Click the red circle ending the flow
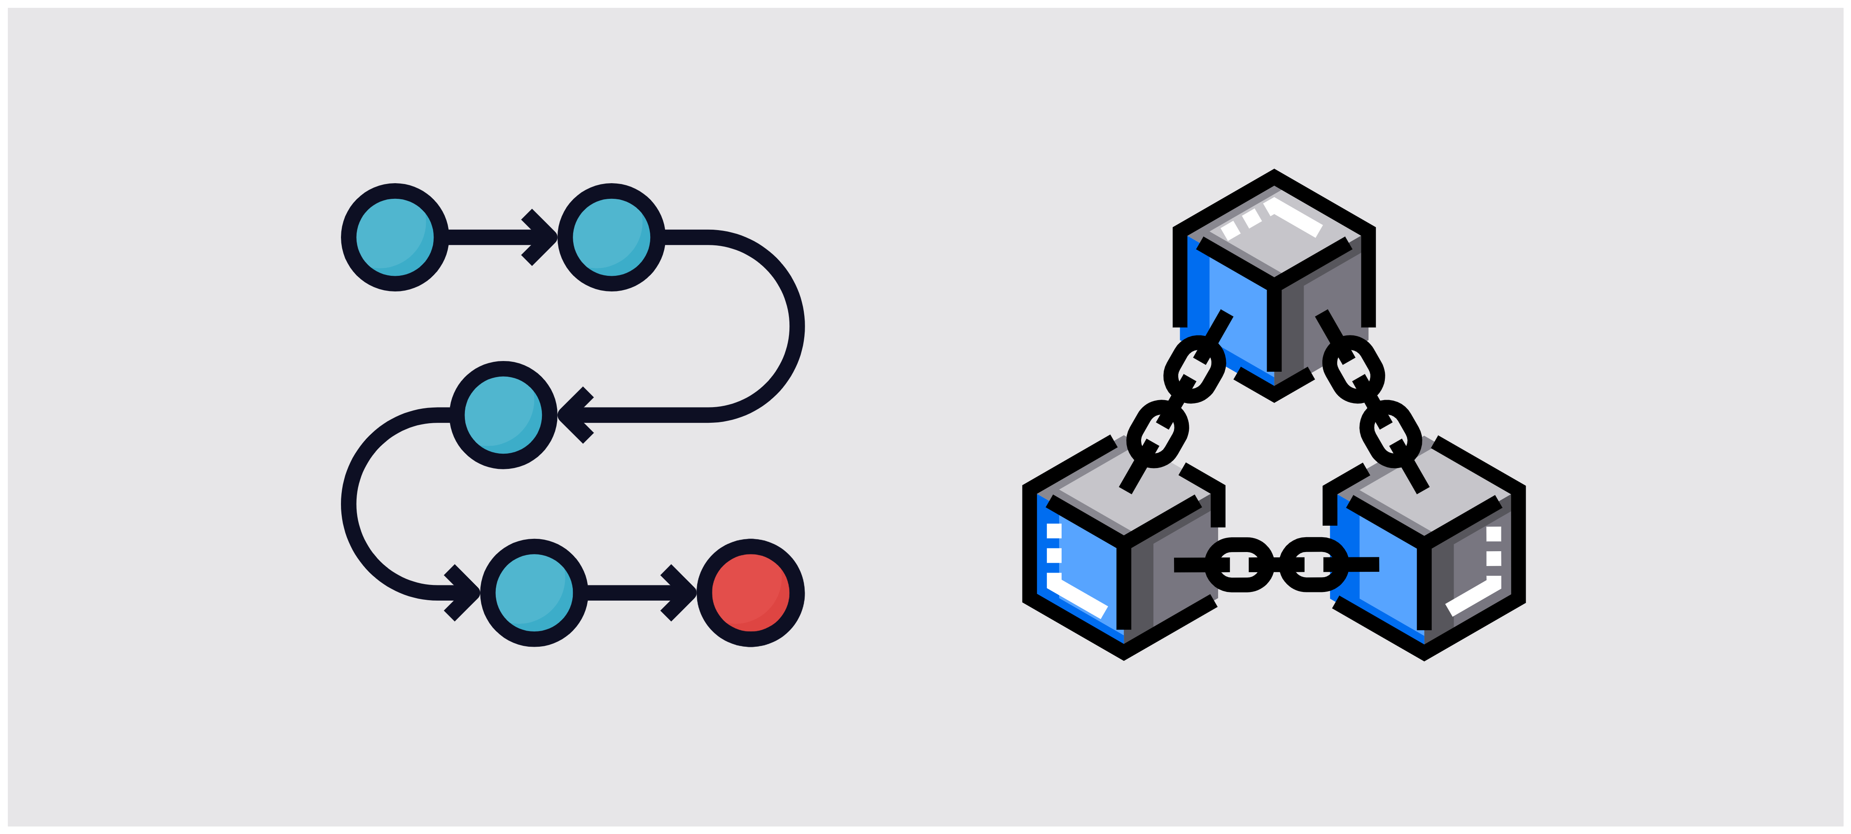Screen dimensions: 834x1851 pyautogui.click(x=750, y=593)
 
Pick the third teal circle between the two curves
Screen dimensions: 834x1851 pyautogui.click(x=503, y=415)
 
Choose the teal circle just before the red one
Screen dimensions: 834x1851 pyautogui.click(x=534, y=593)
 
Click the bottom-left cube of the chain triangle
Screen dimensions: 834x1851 pyautogui.click(x=1123, y=553)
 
